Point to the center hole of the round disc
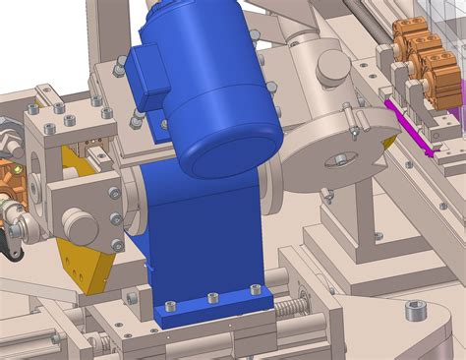tap(339, 158)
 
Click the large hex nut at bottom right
tap(417, 314)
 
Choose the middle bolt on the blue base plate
tap(212, 297)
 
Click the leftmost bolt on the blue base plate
tap(171, 307)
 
